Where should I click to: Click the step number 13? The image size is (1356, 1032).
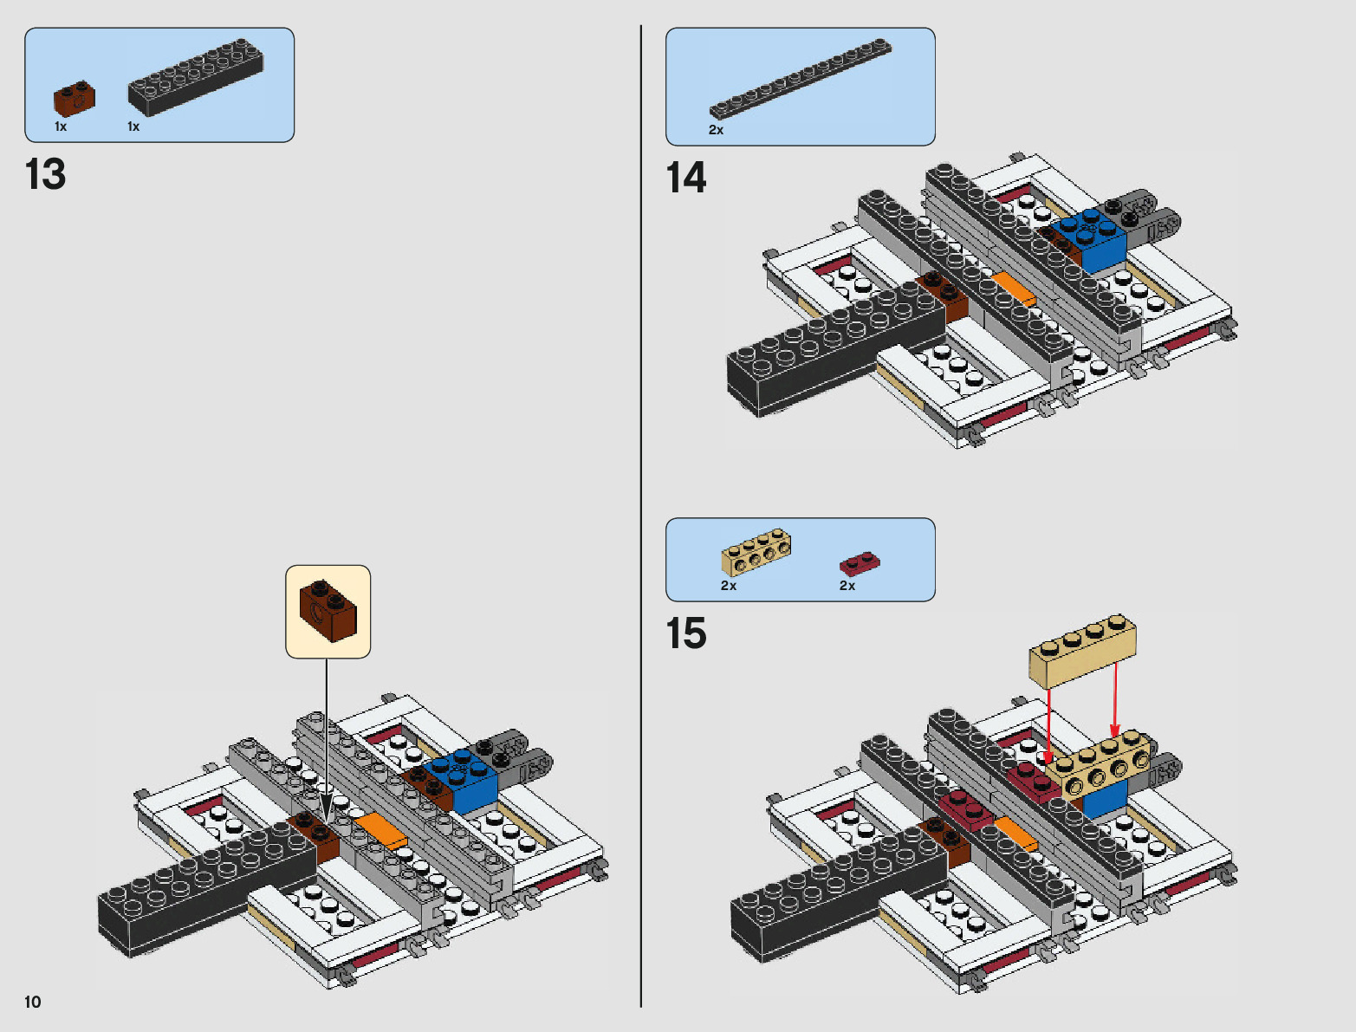tap(46, 174)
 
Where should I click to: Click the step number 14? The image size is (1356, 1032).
tap(686, 178)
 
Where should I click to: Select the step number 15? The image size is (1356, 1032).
tap(686, 633)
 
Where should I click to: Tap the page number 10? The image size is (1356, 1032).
tap(33, 1002)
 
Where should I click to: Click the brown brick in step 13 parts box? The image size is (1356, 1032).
tap(75, 99)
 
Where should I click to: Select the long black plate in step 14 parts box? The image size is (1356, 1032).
tap(800, 78)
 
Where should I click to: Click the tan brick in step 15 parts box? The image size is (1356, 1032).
tap(756, 552)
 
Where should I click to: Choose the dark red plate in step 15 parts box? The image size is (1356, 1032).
tap(859, 564)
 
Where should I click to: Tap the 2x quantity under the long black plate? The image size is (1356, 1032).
tap(716, 130)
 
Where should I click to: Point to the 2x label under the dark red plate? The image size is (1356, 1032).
tap(847, 586)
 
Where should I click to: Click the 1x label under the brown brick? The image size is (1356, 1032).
tap(61, 127)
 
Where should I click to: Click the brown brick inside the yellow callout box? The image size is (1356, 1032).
tap(328, 611)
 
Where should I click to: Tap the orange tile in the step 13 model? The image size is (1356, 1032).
tap(381, 830)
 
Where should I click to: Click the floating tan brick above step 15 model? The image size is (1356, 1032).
tap(1082, 651)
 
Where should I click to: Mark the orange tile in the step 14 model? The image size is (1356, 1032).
tap(1013, 289)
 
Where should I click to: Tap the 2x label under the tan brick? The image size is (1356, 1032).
tap(729, 586)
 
